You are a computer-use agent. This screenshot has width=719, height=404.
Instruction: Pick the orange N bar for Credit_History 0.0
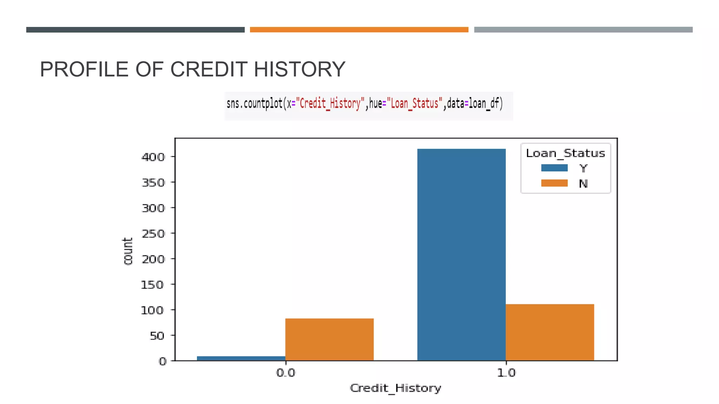pyautogui.click(x=329, y=339)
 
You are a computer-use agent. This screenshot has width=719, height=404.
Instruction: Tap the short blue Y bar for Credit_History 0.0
pyautogui.click(x=241, y=358)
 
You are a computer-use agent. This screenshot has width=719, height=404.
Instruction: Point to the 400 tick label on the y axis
pyautogui.click(x=153, y=157)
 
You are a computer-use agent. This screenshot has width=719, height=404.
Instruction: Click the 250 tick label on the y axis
pyautogui.click(x=153, y=234)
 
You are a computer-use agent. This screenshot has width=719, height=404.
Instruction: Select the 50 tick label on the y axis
pyautogui.click(x=157, y=336)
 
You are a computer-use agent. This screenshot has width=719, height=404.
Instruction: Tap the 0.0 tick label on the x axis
pyautogui.click(x=286, y=372)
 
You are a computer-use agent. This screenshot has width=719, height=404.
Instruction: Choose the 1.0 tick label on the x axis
pyautogui.click(x=506, y=372)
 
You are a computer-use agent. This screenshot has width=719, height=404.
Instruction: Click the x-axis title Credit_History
pyautogui.click(x=395, y=388)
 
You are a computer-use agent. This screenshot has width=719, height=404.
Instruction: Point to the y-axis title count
pyautogui.click(x=128, y=251)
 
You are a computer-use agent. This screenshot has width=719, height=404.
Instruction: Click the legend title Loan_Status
pyautogui.click(x=565, y=153)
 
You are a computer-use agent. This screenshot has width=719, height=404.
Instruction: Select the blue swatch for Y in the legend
pyautogui.click(x=554, y=168)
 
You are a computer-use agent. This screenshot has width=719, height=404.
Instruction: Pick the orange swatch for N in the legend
pyautogui.click(x=554, y=183)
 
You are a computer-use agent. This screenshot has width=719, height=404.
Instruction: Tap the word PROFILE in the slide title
pyautogui.click(x=84, y=69)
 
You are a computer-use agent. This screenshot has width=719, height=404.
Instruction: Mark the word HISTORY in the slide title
pyautogui.click(x=299, y=69)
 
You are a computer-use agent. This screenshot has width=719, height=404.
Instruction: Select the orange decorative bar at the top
pyautogui.click(x=359, y=30)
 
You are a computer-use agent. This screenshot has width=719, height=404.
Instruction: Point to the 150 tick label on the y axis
pyautogui.click(x=152, y=285)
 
